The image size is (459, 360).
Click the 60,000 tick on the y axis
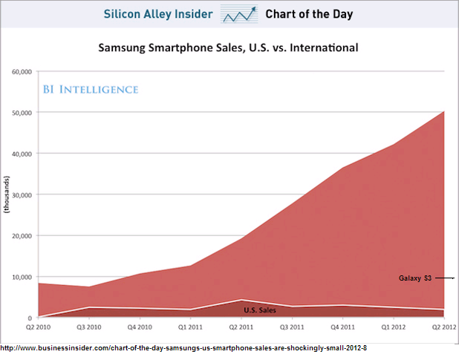pos(20,72)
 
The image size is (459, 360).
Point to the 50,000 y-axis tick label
pos(20,113)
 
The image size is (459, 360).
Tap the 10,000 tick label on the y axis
pos(20,277)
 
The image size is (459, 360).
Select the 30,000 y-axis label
pos(20,194)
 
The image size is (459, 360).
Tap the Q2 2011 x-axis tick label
pos(241,326)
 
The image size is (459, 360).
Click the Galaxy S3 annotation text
pos(414,278)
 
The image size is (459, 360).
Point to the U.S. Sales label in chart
pos(260,310)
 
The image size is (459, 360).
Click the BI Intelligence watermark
pos(89,90)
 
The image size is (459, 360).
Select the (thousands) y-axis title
pos(7,194)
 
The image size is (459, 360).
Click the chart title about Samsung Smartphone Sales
pos(229,48)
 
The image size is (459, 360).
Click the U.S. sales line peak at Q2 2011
pos(241,300)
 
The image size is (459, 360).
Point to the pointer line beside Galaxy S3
pos(444,278)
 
